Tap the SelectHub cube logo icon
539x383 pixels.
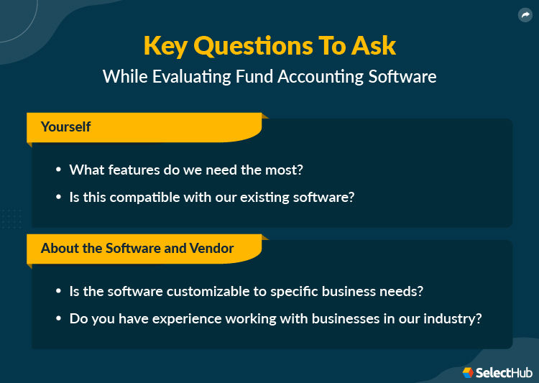pos(468,372)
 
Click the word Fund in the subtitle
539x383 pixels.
pos(259,76)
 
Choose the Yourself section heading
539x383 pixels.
pos(66,127)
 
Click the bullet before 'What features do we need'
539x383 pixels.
pos(58,170)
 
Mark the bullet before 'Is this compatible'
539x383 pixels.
pos(58,196)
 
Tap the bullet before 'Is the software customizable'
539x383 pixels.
pos(58,292)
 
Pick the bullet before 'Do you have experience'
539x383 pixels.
pos(58,318)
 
